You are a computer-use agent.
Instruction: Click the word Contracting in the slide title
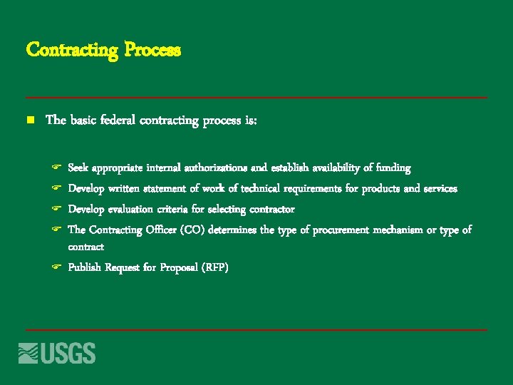(x=72, y=50)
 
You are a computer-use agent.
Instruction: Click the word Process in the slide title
(x=152, y=50)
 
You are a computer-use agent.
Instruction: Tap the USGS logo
(x=57, y=353)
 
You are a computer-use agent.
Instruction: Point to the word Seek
(x=78, y=168)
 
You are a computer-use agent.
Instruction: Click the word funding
(x=393, y=168)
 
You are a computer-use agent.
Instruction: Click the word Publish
(x=84, y=267)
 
